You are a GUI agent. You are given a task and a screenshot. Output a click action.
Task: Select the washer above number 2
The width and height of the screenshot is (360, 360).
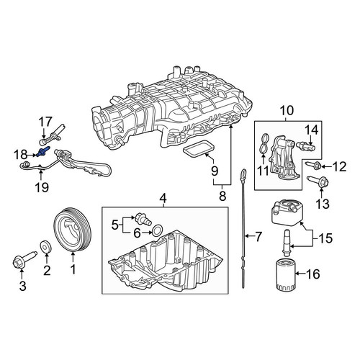[x=46, y=246]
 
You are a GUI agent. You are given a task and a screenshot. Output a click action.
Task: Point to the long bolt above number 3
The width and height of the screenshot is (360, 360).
[x=24, y=258]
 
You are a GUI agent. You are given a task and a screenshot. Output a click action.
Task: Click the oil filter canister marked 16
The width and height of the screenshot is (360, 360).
[x=284, y=274]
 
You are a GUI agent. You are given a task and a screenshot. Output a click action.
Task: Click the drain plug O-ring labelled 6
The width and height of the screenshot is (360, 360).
[x=158, y=230]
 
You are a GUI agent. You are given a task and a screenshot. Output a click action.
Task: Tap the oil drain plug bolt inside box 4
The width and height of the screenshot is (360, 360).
[x=143, y=218]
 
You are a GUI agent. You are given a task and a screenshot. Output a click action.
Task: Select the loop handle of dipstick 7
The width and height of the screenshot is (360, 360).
[x=243, y=174]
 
